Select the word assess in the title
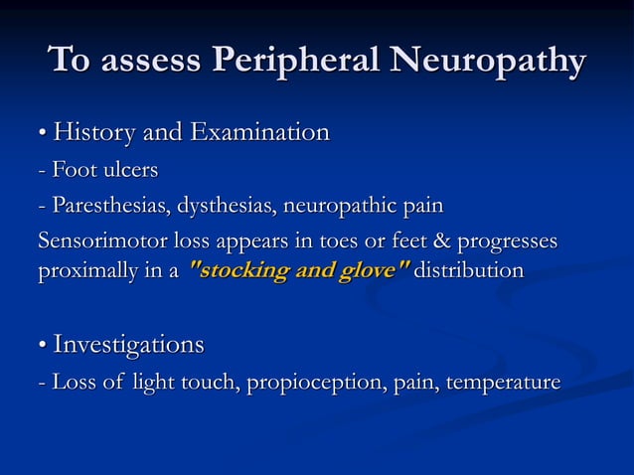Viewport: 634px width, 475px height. [x=145, y=61]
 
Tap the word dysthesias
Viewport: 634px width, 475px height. [x=228, y=208]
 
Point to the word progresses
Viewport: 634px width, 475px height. [x=507, y=242]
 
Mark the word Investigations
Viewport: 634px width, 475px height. [x=128, y=346]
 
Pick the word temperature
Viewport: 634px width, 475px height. [x=505, y=383]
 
